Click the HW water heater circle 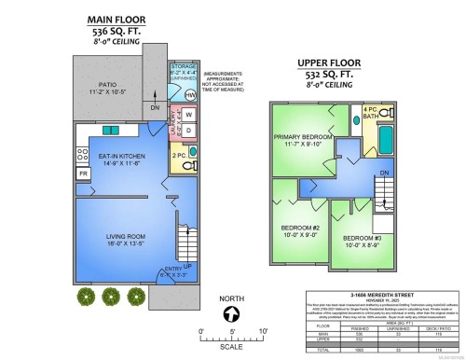click(x=190, y=94)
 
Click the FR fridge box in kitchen click(x=82, y=174)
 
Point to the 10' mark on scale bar click(x=263, y=332)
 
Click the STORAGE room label click(x=184, y=67)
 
